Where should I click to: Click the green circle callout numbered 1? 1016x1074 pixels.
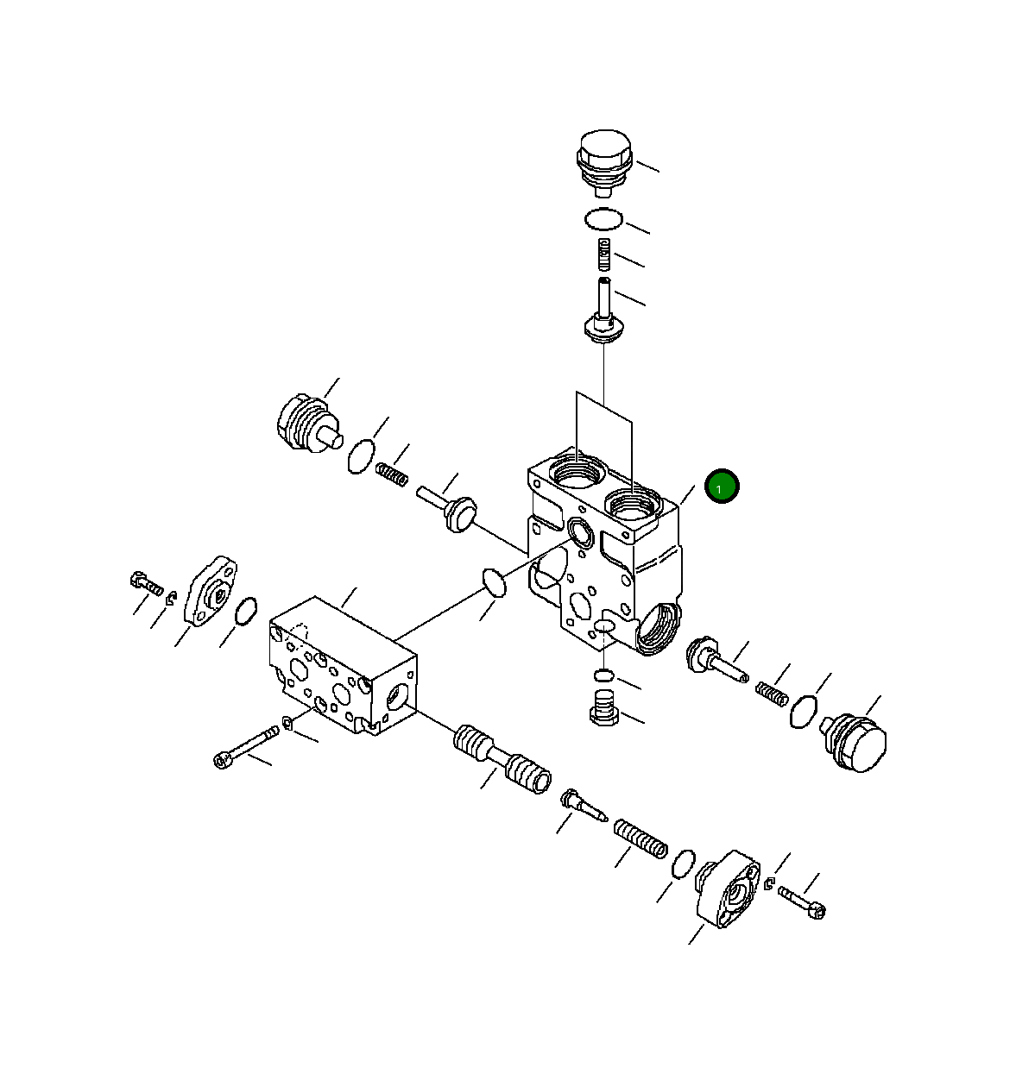tap(722, 487)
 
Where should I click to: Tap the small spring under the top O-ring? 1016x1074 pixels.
tap(606, 254)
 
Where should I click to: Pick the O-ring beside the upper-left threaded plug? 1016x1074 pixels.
tap(361, 456)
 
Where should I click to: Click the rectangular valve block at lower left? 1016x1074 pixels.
tap(341, 664)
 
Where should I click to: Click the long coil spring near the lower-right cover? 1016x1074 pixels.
tap(641, 839)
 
